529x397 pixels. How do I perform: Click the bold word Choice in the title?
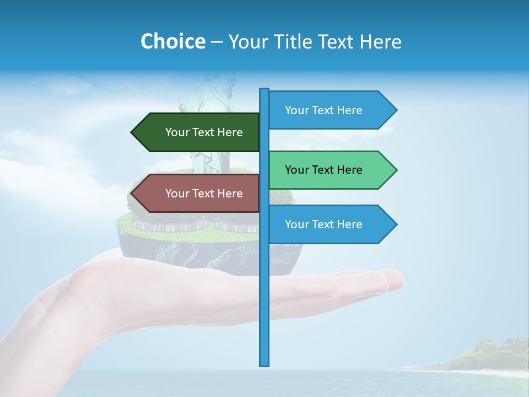coord(172,41)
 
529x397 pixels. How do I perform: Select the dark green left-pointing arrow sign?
coord(198,132)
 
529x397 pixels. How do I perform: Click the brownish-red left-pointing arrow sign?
coord(198,194)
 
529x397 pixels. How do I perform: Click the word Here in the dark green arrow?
coord(229,132)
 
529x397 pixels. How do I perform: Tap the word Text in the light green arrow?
coord(323,170)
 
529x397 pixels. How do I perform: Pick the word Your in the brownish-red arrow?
coord(177,194)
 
